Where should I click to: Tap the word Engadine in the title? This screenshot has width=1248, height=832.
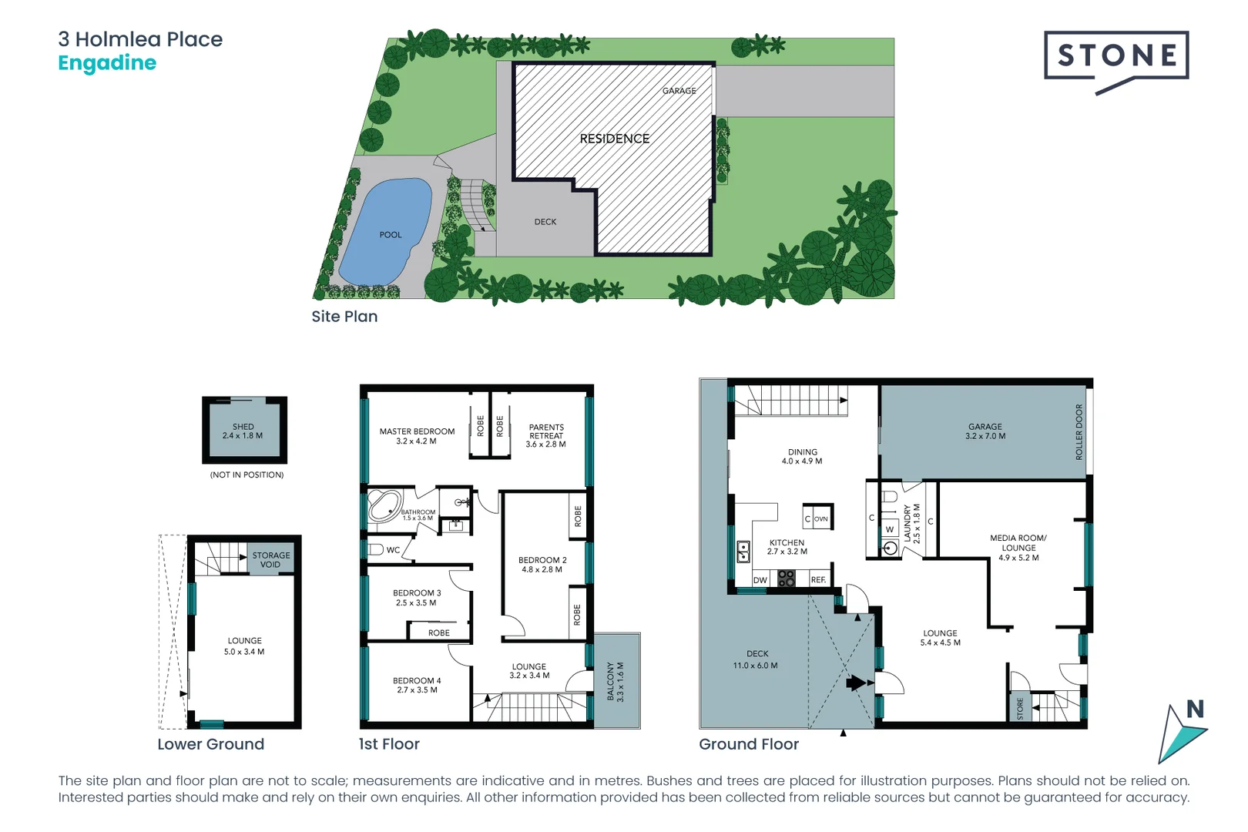pyautogui.click(x=107, y=63)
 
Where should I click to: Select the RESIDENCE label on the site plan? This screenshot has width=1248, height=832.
pyautogui.click(x=614, y=139)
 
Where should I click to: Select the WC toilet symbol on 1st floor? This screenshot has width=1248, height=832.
pyautogui.click(x=376, y=549)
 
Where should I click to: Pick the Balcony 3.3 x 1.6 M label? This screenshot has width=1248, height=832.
pyautogui.click(x=616, y=681)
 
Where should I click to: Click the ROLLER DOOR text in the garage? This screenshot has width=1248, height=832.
pyautogui.click(x=1079, y=432)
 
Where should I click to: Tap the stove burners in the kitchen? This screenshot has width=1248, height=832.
pyautogui.click(x=786, y=579)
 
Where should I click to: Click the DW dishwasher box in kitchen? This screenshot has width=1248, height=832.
pyautogui.click(x=760, y=580)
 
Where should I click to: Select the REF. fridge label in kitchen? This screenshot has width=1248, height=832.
pyautogui.click(x=818, y=580)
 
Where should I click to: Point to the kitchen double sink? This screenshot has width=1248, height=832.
pyautogui.click(x=743, y=552)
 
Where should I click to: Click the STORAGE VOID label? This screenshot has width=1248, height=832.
pyautogui.click(x=271, y=559)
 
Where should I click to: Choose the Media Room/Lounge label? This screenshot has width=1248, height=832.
pyautogui.click(x=1018, y=547)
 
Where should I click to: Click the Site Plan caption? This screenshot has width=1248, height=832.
pyautogui.click(x=344, y=317)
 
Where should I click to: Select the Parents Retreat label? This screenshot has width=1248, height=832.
pyautogui.click(x=546, y=435)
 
